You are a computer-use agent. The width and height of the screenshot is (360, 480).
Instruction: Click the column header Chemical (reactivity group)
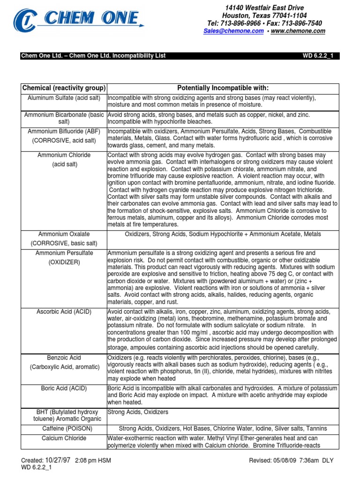click(64, 88)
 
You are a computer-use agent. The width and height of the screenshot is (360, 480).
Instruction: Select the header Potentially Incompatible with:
click(223, 88)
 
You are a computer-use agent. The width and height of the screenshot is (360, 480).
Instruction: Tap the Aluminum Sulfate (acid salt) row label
click(64, 98)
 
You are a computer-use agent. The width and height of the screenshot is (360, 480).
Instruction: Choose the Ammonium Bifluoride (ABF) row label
click(64, 131)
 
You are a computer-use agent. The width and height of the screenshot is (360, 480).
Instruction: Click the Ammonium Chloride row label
click(64, 155)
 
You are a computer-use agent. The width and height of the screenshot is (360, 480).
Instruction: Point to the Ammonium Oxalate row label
click(64, 233)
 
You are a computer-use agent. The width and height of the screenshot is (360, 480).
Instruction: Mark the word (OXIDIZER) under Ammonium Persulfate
click(64, 262)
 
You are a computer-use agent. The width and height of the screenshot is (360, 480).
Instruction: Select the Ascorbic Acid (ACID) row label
click(64, 311)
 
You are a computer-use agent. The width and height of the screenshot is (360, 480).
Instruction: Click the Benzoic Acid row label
click(64, 357)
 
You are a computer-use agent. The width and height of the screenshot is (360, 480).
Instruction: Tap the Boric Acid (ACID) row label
click(64, 388)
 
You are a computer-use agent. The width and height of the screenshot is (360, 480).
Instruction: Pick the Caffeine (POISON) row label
click(64, 428)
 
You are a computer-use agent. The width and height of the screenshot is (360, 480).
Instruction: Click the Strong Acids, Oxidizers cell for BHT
click(138, 412)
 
